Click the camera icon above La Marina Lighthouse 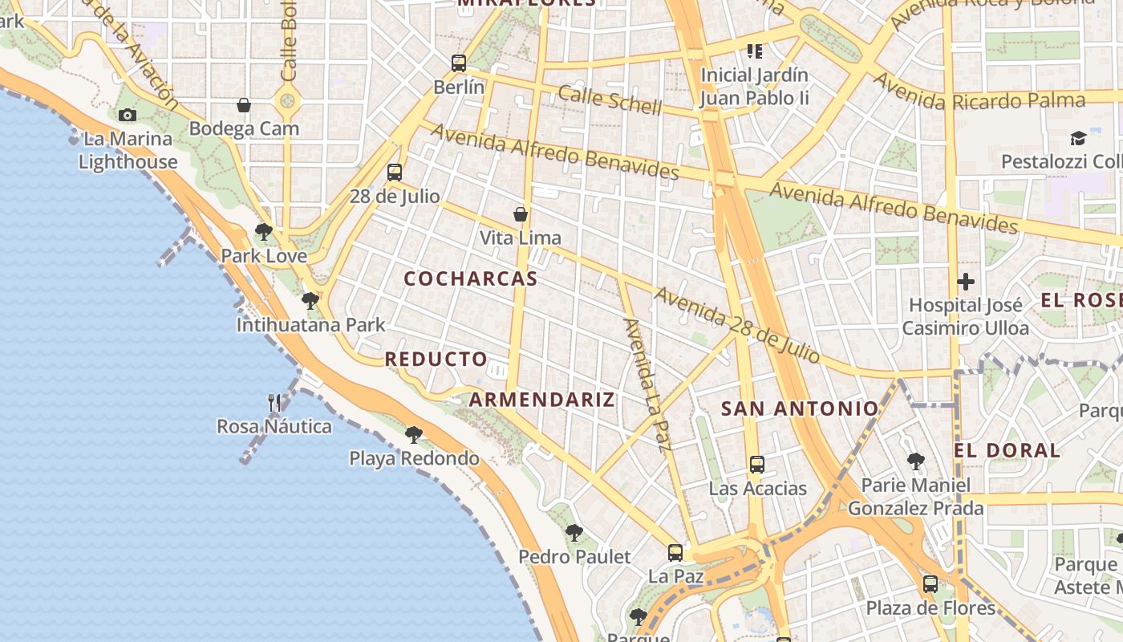click(x=127, y=116)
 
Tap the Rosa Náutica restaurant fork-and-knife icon click(x=274, y=402)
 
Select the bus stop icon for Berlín click(x=459, y=63)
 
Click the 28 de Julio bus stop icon click(x=395, y=172)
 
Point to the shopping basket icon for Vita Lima click(x=521, y=214)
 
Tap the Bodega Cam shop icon click(x=244, y=105)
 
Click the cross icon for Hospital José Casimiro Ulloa click(x=966, y=282)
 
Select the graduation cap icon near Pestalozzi click(x=1078, y=139)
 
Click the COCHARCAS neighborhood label click(x=470, y=279)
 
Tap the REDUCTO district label click(x=436, y=359)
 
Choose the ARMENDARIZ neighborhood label click(x=541, y=400)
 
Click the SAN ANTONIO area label click(x=800, y=408)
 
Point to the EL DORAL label click(x=1007, y=450)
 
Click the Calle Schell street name click(x=610, y=100)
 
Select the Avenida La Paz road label click(x=647, y=385)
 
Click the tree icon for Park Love click(x=263, y=233)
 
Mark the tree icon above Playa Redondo click(x=414, y=435)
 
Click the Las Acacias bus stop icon click(x=756, y=464)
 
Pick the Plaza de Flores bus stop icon click(x=930, y=583)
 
